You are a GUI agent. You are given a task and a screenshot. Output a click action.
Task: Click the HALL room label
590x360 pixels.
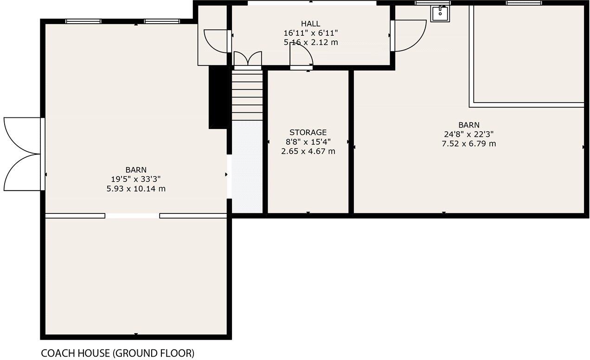click(x=310, y=24)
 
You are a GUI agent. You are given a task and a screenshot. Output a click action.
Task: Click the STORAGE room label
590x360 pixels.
click(x=308, y=132)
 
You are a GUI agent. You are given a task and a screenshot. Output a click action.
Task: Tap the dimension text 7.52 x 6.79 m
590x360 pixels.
click(x=468, y=143)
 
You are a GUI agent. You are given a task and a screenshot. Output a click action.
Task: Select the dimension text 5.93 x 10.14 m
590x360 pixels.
click(x=136, y=189)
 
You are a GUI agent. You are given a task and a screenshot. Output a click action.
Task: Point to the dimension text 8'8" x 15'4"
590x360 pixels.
click(x=308, y=142)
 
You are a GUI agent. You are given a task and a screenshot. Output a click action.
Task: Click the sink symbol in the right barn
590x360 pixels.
click(x=439, y=13)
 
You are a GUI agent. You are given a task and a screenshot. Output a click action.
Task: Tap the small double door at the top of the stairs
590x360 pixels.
click(x=247, y=60)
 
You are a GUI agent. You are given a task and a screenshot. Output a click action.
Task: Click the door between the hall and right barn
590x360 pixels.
click(x=408, y=35)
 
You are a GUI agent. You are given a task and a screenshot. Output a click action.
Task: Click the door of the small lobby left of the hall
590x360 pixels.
click(x=216, y=41)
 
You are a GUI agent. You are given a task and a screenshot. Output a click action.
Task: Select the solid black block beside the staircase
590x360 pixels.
click(x=217, y=97)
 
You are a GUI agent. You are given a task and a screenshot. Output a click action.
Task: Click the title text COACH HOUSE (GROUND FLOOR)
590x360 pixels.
click(x=118, y=353)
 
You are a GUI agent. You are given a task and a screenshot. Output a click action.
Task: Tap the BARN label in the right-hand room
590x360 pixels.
click(x=468, y=125)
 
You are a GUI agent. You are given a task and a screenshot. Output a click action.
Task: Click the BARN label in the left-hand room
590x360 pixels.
click(x=136, y=170)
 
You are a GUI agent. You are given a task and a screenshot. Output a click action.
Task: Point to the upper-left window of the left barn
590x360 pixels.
click(x=83, y=21)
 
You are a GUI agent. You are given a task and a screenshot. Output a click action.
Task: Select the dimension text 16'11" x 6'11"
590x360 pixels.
click(x=310, y=33)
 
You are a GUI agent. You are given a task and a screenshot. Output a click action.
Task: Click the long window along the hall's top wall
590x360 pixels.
click(x=312, y=3)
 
